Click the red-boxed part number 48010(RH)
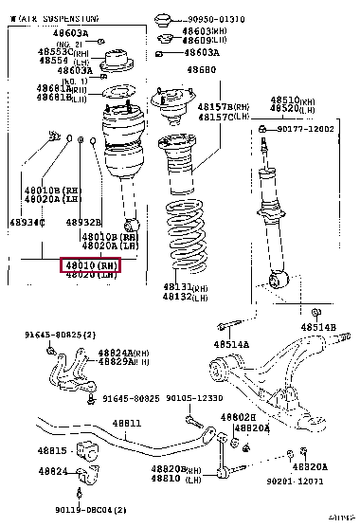pyautogui.click(x=91, y=264)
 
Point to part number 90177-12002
pyautogui.click(x=307, y=129)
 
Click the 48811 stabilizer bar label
pyautogui.click(x=125, y=423)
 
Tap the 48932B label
pyautogui.click(x=83, y=223)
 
